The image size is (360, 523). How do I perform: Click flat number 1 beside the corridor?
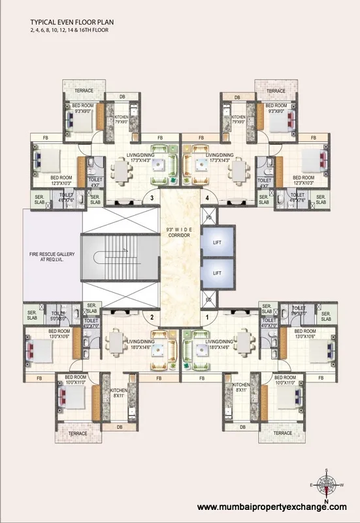point(208,318)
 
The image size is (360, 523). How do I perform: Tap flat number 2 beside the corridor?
point(151,318)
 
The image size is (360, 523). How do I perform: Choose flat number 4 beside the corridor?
point(208,197)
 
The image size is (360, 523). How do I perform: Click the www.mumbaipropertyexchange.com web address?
point(272,507)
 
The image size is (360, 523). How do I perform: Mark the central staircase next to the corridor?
point(121,258)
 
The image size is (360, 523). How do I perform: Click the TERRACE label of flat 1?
point(282,433)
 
